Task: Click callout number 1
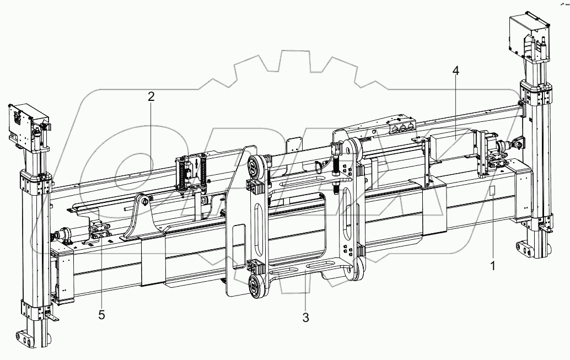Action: click(x=493, y=265)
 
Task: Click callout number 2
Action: click(x=151, y=96)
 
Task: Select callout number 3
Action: click(x=306, y=317)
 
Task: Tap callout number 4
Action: click(x=455, y=71)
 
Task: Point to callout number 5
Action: click(x=101, y=315)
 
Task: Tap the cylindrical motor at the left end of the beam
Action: click(x=63, y=235)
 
